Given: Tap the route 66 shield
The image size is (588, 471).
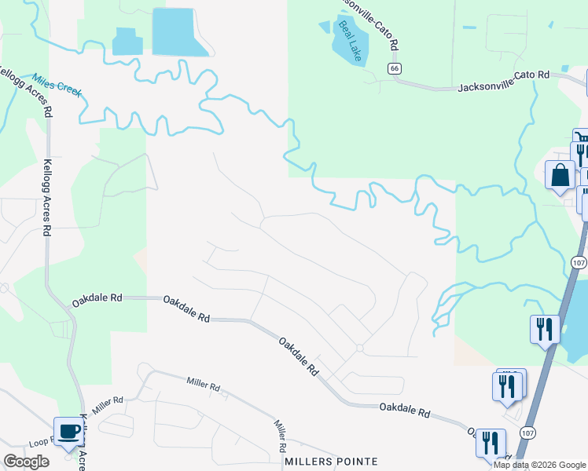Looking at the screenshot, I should point(395,69).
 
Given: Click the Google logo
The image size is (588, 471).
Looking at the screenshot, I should point(26,462).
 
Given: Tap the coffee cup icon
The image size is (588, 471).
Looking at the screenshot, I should point(68,431).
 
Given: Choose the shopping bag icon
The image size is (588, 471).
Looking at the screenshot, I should point(560,175).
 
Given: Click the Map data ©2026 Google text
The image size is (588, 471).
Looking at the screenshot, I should point(539,465).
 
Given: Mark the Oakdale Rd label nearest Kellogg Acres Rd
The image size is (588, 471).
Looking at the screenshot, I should point(97,299).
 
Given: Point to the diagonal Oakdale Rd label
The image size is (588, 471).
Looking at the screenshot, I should point(299,356).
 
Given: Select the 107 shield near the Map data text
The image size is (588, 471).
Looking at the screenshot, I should point(527,433).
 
